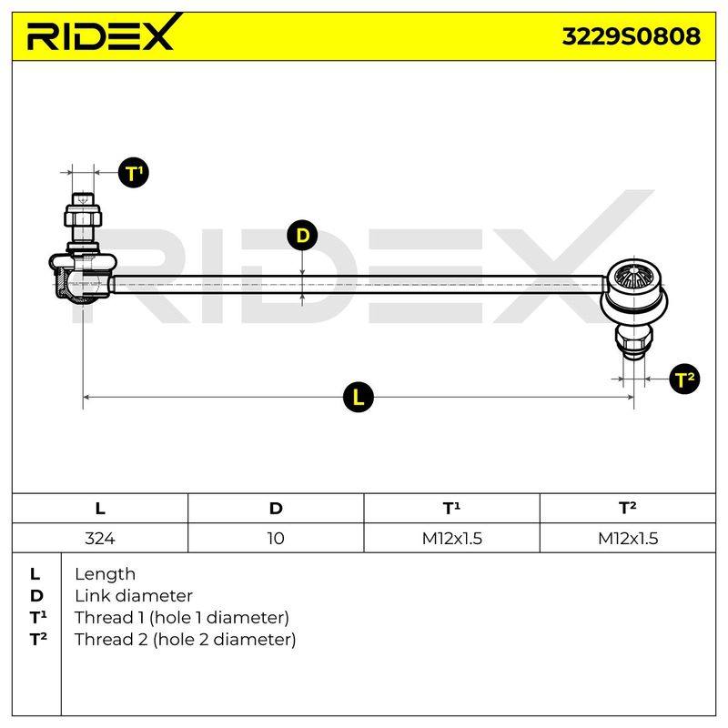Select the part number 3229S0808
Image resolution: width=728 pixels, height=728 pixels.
pyautogui.click(x=631, y=36)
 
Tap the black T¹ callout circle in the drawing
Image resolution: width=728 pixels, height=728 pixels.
pyautogui.click(x=133, y=173)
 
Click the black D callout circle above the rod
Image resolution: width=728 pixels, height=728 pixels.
pyautogui.click(x=302, y=235)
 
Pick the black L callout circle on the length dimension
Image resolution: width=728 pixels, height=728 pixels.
pyautogui.click(x=358, y=397)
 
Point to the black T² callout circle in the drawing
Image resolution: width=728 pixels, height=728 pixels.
pyautogui.click(x=684, y=379)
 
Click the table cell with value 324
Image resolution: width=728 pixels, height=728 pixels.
pyautogui.click(x=100, y=538)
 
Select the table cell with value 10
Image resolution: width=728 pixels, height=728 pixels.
pyautogui.click(x=276, y=538)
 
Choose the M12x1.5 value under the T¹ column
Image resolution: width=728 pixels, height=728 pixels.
pyautogui.click(x=451, y=538)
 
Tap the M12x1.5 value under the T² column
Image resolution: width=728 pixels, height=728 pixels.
pyautogui.click(x=628, y=538)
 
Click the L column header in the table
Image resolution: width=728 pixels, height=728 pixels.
pyautogui.click(x=100, y=509)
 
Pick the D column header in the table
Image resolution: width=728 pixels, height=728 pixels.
pyautogui.click(x=276, y=509)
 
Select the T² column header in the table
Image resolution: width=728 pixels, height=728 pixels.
pyautogui.click(x=628, y=508)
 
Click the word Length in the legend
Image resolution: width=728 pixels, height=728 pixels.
pyautogui.click(x=105, y=574)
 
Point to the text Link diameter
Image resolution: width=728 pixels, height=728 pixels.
pyautogui.click(x=134, y=596)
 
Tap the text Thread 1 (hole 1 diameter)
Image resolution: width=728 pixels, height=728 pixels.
pyautogui.click(x=181, y=618)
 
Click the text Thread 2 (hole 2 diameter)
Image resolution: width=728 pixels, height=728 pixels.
pyautogui.click(x=185, y=640)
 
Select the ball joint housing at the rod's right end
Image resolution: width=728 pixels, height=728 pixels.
pyautogui.click(x=634, y=288)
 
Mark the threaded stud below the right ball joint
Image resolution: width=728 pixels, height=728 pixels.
pyautogui.click(x=634, y=342)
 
